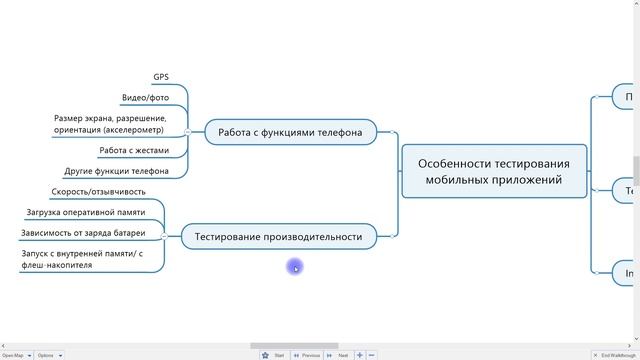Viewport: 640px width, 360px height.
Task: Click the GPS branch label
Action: click(160, 77)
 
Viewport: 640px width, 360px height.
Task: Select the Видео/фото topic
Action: click(145, 98)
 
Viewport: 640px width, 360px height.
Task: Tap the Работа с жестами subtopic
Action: click(134, 151)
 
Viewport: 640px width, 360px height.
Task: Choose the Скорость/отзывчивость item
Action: click(98, 192)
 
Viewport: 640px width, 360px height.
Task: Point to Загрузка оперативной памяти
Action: click(85, 212)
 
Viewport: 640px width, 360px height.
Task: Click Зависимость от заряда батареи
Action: click(83, 233)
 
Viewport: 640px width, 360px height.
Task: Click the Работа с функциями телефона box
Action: click(290, 132)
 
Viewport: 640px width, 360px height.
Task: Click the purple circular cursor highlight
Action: click(295, 266)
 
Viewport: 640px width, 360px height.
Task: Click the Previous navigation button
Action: click(307, 355)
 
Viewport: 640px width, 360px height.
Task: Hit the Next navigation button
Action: click(340, 355)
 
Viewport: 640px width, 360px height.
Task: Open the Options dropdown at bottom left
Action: click(49, 355)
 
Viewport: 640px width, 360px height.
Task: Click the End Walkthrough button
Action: click(615, 355)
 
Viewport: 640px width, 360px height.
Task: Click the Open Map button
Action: click(15, 355)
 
